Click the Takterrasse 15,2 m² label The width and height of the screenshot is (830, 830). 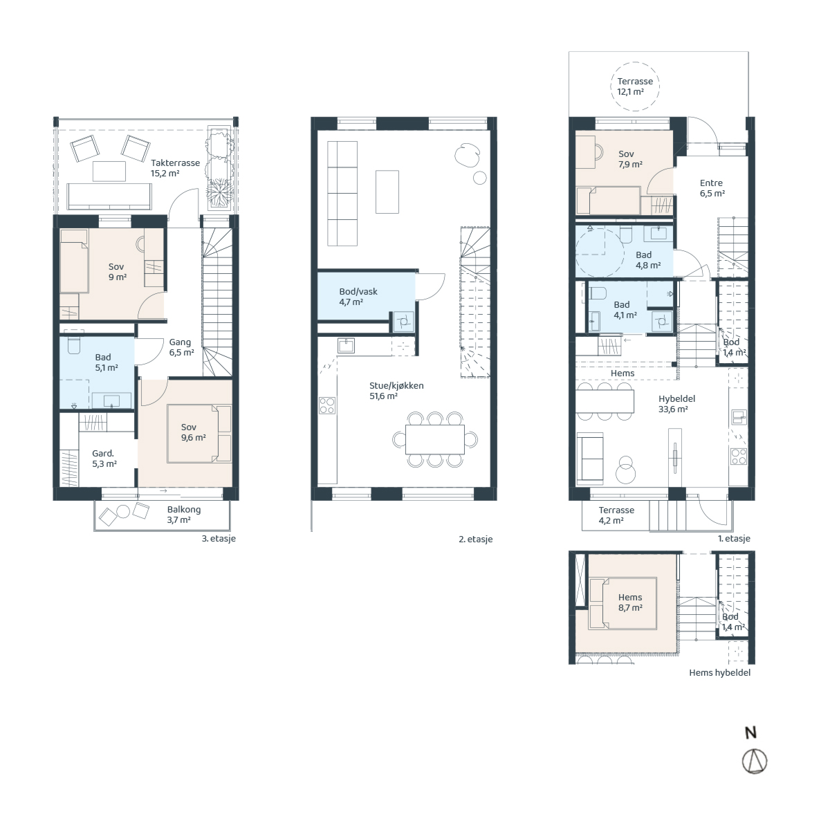(x=175, y=168)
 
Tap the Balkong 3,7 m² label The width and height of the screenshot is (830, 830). (x=183, y=515)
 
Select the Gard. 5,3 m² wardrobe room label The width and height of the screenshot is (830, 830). (x=104, y=459)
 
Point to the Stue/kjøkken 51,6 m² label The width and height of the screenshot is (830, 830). (x=396, y=391)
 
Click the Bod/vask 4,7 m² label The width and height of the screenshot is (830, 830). (x=358, y=296)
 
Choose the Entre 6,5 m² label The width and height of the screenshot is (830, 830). (x=712, y=188)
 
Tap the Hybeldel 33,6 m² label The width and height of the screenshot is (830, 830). (x=676, y=403)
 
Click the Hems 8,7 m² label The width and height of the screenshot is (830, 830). (x=630, y=602)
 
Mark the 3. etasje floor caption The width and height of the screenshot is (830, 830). (x=219, y=538)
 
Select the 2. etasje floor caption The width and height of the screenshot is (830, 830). (x=475, y=539)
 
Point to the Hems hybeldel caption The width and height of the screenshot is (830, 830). (x=719, y=672)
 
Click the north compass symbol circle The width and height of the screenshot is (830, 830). (x=754, y=761)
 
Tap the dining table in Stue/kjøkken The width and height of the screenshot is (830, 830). (x=434, y=439)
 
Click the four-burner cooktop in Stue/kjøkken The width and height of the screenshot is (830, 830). (x=327, y=405)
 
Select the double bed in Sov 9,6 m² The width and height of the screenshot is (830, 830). (x=199, y=433)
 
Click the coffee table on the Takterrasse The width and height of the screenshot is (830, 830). (x=109, y=172)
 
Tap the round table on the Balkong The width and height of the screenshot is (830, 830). (x=123, y=511)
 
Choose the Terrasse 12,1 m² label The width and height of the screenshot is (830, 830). (x=634, y=86)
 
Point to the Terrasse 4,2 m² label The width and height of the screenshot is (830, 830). (x=616, y=515)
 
